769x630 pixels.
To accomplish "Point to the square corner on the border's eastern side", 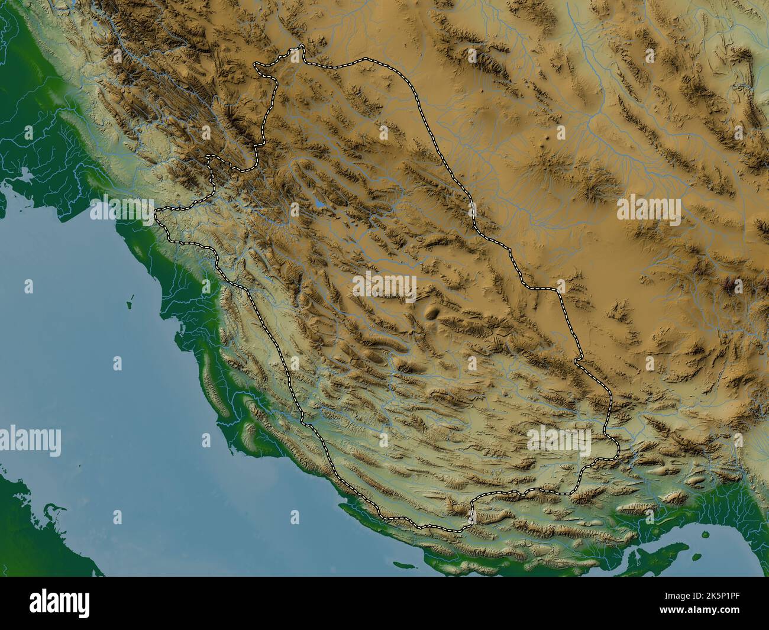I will point(558,289).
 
